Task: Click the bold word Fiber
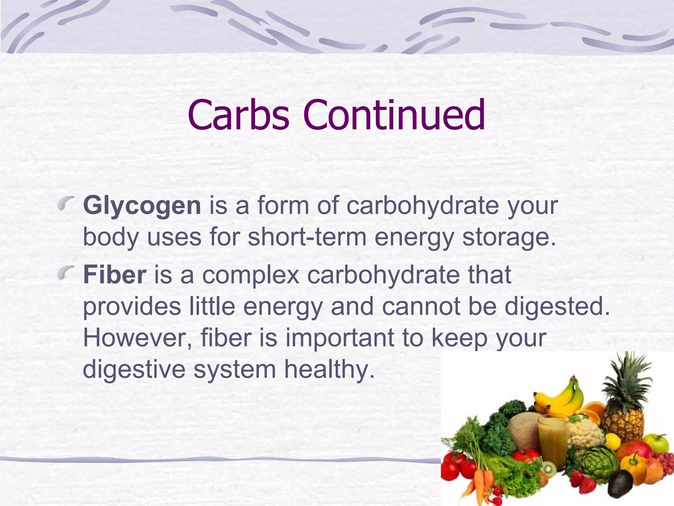pyautogui.click(x=115, y=275)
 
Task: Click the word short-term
pyautogui.click(x=307, y=237)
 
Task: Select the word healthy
pyautogui.click(x=329, y=370)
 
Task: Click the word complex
pyautogui.click(x=250, y=275)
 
